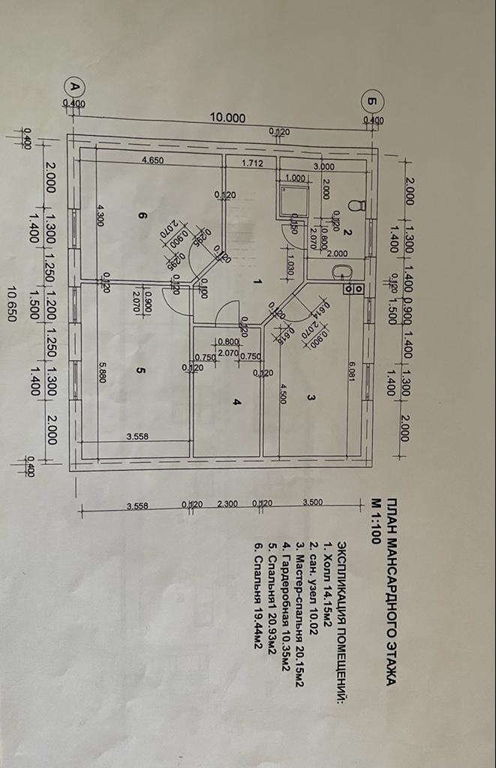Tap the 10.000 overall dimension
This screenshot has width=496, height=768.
point(227,117)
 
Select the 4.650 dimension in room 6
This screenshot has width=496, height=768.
point(153,160)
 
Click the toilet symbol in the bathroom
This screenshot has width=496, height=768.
point(358,204)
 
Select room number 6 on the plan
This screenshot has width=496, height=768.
point(140,214)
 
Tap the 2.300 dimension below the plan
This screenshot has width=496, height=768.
point(227,505)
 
